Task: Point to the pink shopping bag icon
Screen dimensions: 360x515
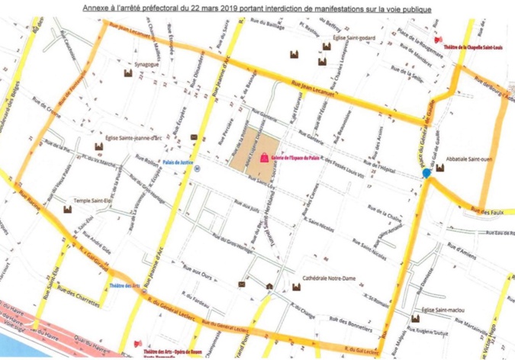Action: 264,156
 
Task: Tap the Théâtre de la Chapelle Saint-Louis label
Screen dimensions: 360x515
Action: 474,46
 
